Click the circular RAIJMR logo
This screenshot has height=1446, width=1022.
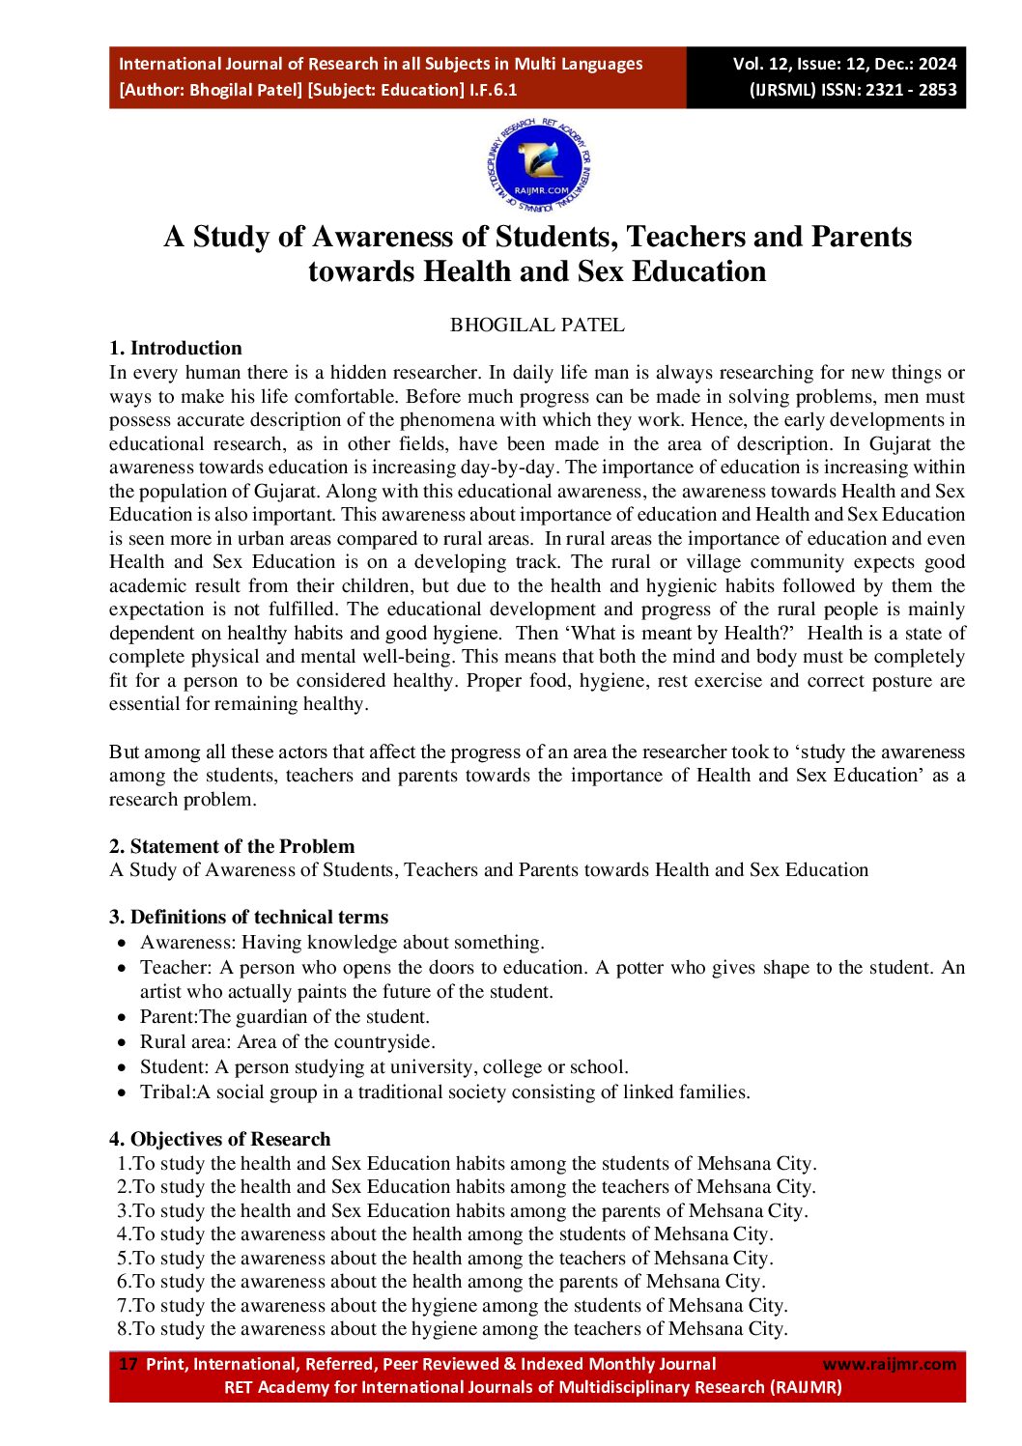(538, 166)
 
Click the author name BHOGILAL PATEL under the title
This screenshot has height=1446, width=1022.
(537, 326)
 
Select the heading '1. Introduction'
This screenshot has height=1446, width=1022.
(176, 349)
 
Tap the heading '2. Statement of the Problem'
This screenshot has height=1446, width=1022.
(232, 847)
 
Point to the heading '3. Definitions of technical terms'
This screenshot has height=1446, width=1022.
(249, 918)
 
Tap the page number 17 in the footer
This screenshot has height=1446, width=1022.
(128, 1364)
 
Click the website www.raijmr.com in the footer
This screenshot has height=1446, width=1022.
(889, 1364)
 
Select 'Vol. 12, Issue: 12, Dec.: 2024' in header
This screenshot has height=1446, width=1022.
(844, 64)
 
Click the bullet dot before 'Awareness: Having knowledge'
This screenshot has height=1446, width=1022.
(122, 943)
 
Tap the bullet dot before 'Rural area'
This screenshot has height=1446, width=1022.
(122, 1043)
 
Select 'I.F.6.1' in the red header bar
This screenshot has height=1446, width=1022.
(493, 90)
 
